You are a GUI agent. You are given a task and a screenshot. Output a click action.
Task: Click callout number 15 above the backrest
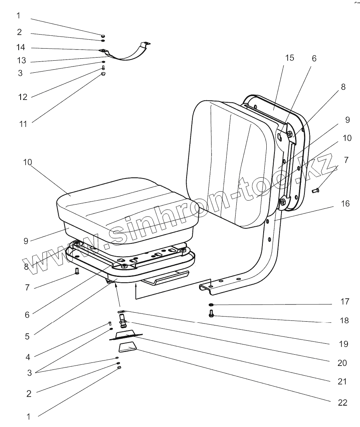[289, 58]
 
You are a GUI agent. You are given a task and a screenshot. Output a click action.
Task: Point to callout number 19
[343, 344]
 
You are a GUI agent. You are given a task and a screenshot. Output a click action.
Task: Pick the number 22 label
[342, 402]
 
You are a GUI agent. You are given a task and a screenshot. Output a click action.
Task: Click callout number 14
[21, 47]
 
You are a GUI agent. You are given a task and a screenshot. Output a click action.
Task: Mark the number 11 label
[23, 124]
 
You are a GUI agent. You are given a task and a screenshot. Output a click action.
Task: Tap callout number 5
[27, 336]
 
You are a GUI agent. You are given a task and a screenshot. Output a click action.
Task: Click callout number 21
[342, 381]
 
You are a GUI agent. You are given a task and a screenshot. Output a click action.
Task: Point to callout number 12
[23, 97]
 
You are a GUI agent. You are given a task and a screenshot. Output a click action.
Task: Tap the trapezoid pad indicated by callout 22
[127, 347]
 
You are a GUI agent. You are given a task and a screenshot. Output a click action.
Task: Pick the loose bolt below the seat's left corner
[77, 271]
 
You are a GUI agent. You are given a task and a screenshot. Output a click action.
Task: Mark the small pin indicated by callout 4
[110, 323]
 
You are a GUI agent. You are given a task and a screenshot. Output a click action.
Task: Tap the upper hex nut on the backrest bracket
[290, 135]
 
